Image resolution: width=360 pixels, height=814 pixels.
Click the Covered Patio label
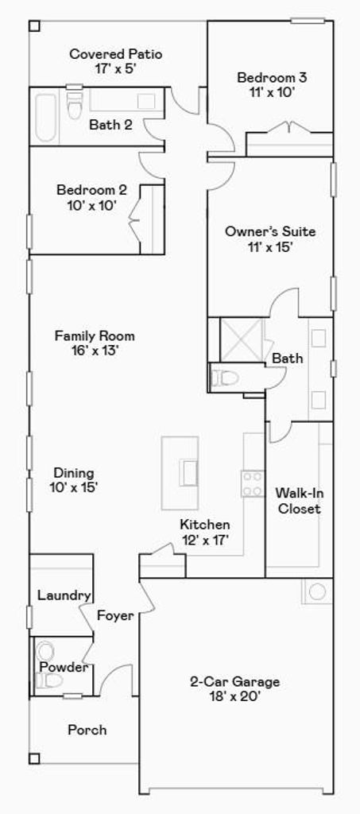tap(116, 54)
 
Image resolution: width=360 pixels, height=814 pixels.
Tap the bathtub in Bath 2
tap(45, 117)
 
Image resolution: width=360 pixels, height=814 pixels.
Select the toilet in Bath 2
tap(75, 105)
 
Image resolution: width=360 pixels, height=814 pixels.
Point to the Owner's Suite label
tap(269, 231)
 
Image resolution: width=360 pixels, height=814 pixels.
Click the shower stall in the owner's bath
tap(242, 339)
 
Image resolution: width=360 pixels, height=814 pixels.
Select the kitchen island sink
tap(188, 472)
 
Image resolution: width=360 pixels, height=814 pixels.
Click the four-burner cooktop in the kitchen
tap(253, 483)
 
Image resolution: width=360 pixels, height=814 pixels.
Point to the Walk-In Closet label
tap(298, 501)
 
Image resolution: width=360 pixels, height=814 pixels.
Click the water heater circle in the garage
tap(317, 591)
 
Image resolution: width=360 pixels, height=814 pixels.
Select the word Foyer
tap(116, 616)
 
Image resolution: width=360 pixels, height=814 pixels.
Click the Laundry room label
tap(64, 595)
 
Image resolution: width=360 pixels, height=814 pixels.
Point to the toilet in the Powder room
tap(50, 680)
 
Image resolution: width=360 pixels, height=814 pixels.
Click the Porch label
tap(87, 730)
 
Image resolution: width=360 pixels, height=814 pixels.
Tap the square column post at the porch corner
tap(34, 758)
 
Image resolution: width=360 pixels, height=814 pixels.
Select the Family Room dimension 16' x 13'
tap(95, 351)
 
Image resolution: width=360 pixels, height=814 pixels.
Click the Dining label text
tap(74, 473)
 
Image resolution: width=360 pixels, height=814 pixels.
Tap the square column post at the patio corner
tap(34, 25)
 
